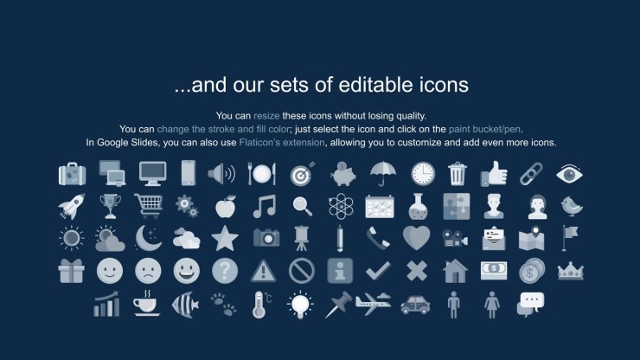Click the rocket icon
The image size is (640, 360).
(72, 206)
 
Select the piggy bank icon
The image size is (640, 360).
(342, 174)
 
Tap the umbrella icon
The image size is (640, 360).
(383, 174)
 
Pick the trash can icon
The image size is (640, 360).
(458, 174)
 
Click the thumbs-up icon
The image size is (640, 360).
(494, 174)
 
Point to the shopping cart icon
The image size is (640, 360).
(149, 206)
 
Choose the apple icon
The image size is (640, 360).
(226, 206)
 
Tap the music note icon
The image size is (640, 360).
(265, 206)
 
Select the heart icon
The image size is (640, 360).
(416, 238)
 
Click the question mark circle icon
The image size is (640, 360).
(225, 271)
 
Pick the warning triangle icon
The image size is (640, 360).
(263, 271)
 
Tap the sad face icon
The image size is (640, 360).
(148, 271)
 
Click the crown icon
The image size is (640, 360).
(571, 272)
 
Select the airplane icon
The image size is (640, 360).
(373, 304)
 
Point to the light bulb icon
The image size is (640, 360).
(300, 305)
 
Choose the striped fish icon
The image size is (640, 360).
(185, 305)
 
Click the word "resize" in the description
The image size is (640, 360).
(266, 116)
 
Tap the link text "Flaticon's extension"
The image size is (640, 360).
(282, 143)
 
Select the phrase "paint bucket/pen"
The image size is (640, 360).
(484, 130)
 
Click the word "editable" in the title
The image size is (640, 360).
(371, 85)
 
